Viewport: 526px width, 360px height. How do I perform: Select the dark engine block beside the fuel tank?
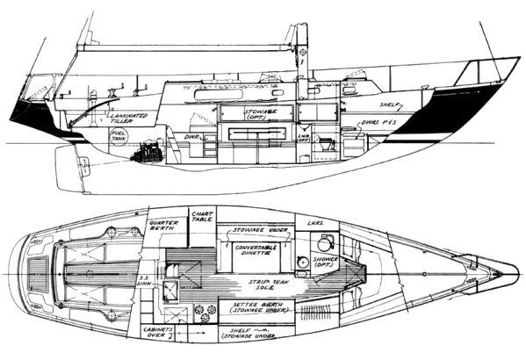(x=143, y=155)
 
